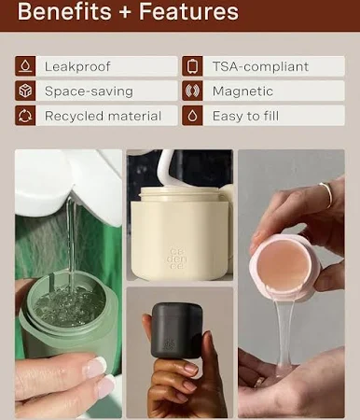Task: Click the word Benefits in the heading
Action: pos(64,11)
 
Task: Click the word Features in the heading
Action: pos(188,11)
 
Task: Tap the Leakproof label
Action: pos(77,66)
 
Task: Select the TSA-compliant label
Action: pos(260,66)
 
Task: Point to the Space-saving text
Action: pos(89,91)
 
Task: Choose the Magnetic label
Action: pos(242,91)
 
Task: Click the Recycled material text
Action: pos(103,116)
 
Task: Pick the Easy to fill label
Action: pos(245,116)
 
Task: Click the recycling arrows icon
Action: pos(25,116)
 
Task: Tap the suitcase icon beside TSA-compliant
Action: pos(192,66)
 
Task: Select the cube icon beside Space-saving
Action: pos(25,91)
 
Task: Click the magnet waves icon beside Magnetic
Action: pos(192,91)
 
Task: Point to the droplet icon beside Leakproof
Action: pos(25,66)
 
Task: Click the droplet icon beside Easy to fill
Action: pos(192,116)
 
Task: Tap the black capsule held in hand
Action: pos(176,330)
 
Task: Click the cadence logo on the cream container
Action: pos(177,259)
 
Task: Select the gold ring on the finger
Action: pos(326,194)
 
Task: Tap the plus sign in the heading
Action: pos(125,12)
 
